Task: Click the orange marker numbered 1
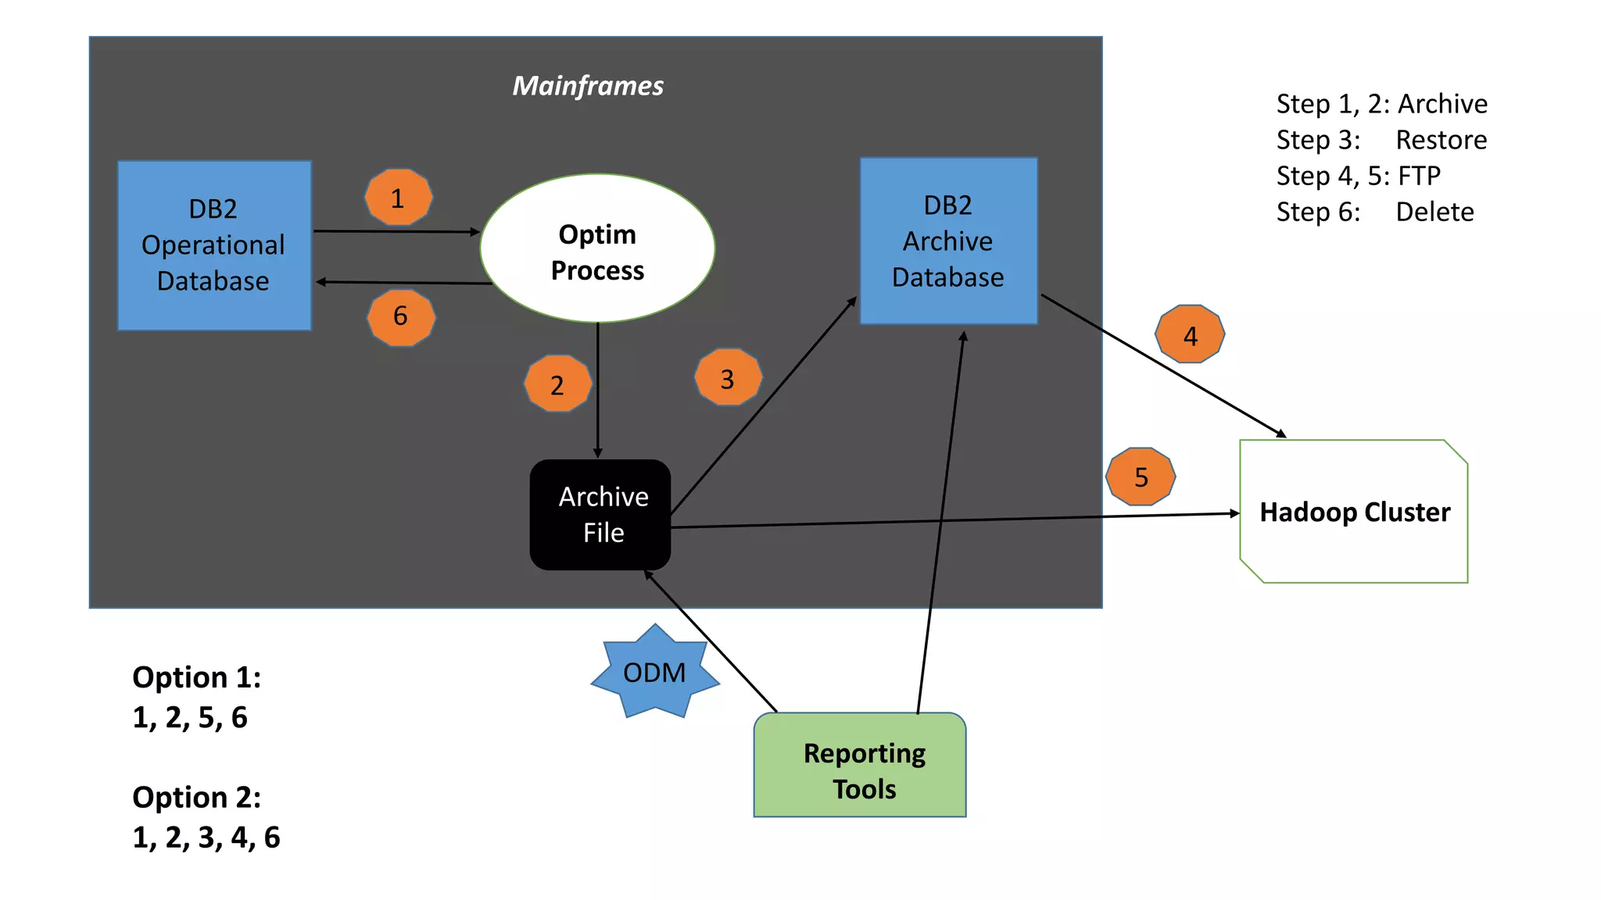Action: [x=399, y=198]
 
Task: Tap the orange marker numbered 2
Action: [x=557, y=384]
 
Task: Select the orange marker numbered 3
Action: [x=728, y=377]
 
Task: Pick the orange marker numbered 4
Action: [x=1190, y=334]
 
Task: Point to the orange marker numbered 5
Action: [x=1141, y=477]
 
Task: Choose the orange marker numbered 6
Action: [x=401, y=316]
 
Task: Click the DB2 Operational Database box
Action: [x=214, y=245]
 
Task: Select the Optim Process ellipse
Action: [x=597, y=248]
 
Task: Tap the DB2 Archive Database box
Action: [x=948, y=241]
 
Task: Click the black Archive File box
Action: [x=600, y=515]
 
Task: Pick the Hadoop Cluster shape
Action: [x=1354, y=512]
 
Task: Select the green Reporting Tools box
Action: [x=860, y=766]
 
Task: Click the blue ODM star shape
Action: [x=655, y=672]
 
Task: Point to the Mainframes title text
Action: [x=588, y=85]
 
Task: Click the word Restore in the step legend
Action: [x=1441, y=140]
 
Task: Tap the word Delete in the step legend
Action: [x=1434, y=212]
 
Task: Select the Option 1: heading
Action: [x=197, y=677]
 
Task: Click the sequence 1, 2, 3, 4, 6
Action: [x=206, y=837]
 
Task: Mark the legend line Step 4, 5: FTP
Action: [x=1358, y=176]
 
